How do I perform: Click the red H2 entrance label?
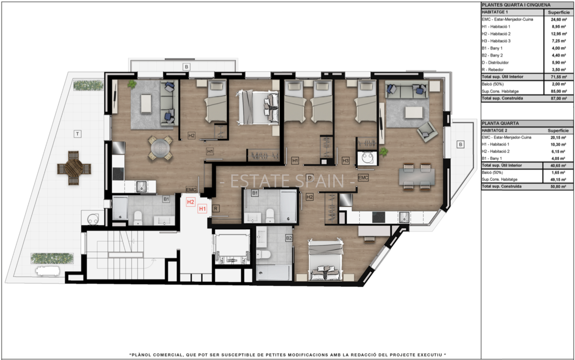click(x=190, y=202)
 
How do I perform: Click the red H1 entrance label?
click(x=202, y=209)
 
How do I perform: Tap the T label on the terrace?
click(x=78, y=134)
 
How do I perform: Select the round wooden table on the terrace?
click(x=74, y=168)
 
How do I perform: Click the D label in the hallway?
click(x=310, y=178)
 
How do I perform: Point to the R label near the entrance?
click(x=216, y=209)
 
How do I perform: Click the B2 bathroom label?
click(x=289, y=238)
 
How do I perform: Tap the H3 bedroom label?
click(x=345, y=161)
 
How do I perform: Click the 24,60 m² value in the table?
click(x=558, y=19)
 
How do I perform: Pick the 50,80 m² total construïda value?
click(x=558, y=187)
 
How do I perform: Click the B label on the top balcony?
click(x=186, y=67)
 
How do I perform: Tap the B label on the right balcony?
click(x=460, y=144)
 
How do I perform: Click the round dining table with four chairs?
click(x=160, y=148)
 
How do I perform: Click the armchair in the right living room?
click(x=427, y=132)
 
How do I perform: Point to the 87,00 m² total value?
click(x=558, y=98)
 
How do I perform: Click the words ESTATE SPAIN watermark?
click(x=287, y=181)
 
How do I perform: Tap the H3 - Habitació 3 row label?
click(x=496, y=41)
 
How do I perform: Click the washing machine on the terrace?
click(x=93, y=219)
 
